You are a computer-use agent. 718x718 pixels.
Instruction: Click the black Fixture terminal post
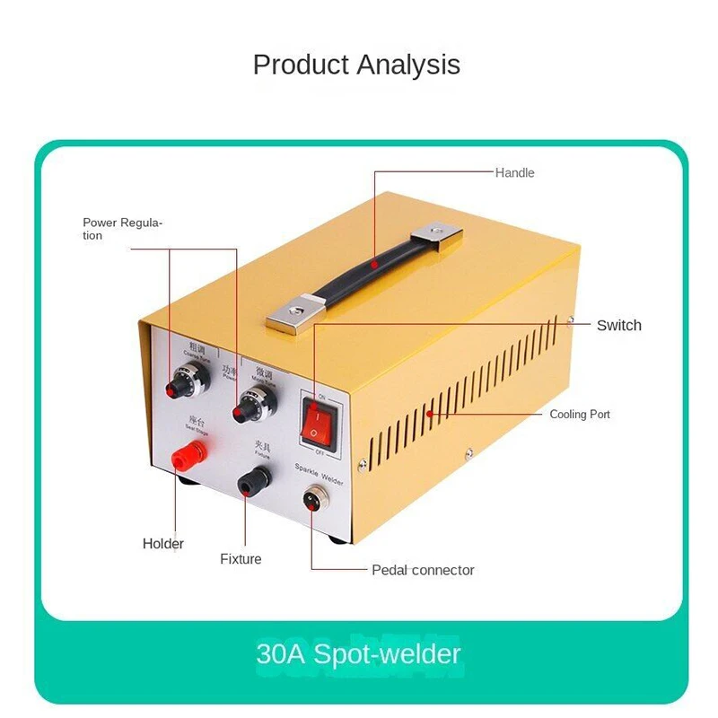click(246, 486)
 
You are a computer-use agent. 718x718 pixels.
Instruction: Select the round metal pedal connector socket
click(314, 498)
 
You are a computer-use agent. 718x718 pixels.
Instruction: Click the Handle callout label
click(514, 172)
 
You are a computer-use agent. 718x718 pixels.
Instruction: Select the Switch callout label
click(619, 325)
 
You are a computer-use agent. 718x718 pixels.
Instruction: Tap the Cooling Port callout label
click(580, 415)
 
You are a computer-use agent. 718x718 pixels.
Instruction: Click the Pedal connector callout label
click(423, 570)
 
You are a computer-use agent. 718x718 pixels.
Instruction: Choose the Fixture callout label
click(241, 559)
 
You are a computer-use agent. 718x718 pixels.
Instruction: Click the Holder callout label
click(163, 543)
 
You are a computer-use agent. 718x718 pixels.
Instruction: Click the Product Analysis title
click(356, 65)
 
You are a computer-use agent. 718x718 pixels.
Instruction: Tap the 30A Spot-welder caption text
click(358, 653)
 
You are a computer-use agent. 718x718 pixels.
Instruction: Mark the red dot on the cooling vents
click(430, 414)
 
